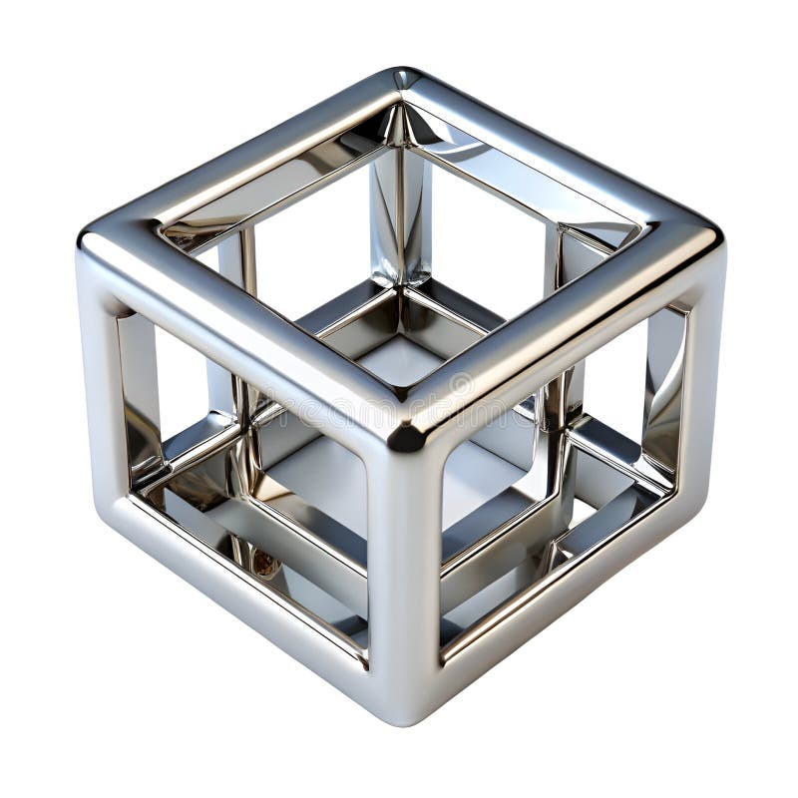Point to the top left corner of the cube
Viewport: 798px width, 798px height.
click(x=95, y=244)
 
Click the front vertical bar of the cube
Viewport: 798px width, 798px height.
click(x=404, y=569)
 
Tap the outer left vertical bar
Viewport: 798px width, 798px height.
click(x=98, y=379)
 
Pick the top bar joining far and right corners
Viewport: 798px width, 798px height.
click(x=559, y=155)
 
